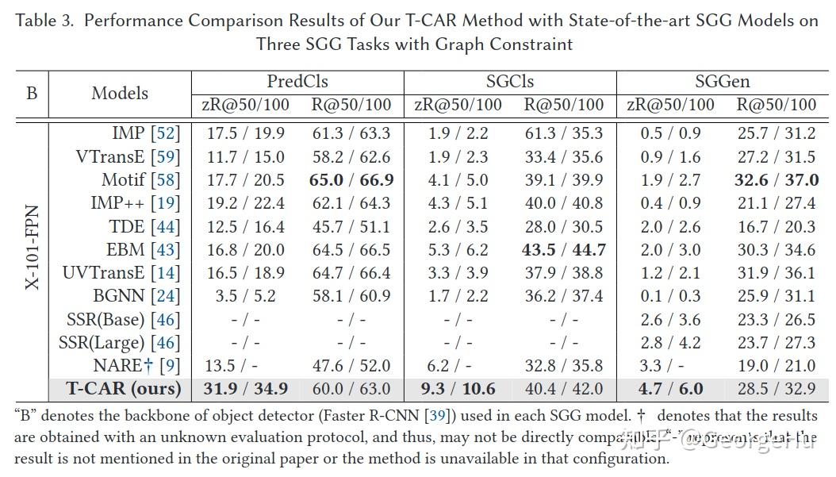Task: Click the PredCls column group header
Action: point(297,82)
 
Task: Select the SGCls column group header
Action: point(510,82)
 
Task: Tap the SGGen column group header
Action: point(722,82)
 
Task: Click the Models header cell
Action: point(120,93)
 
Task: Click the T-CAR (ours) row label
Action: point(123,389)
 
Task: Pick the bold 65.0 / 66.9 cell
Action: point(351,180)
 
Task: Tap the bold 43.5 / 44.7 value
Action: point(564,250)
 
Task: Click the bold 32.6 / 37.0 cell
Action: point(777,180)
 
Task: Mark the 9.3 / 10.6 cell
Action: point(457,389)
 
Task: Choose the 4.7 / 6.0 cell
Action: point(670,389)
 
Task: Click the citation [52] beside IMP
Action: point(164,133)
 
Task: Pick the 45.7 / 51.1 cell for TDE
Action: point(351,227)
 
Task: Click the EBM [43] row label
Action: point(143,250)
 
